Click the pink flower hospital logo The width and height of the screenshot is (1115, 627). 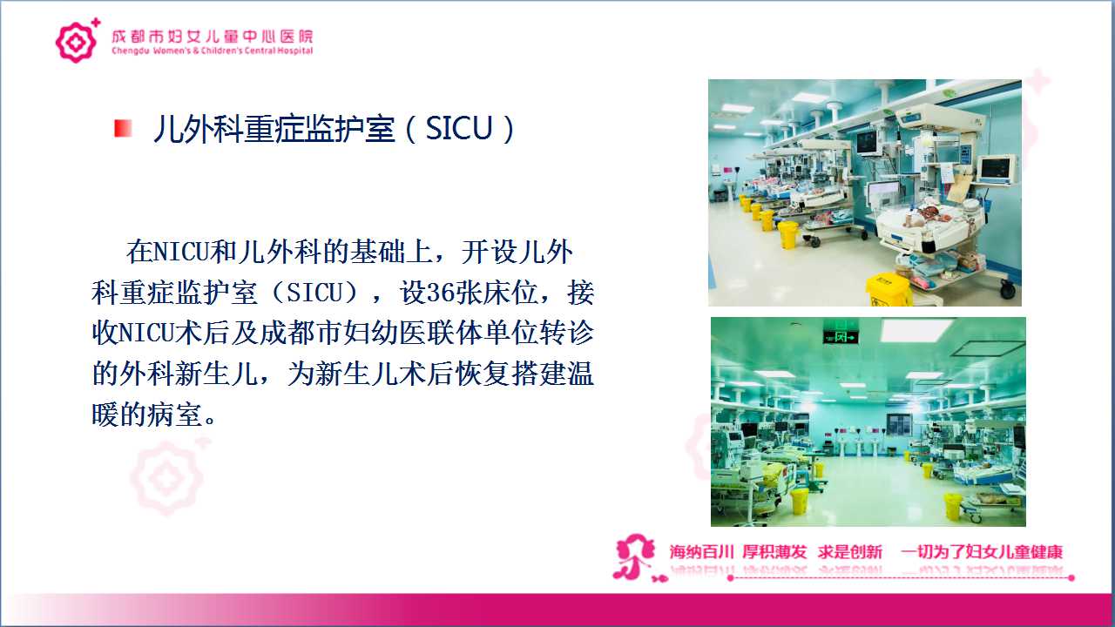[x=76, y=41]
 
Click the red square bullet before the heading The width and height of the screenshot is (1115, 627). [x=123, y=128]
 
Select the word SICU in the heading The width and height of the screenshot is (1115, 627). [x=458, y=128]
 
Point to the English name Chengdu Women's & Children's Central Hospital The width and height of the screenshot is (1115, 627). [x=213, y=51]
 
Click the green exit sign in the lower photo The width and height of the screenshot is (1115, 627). [x=841, y=337]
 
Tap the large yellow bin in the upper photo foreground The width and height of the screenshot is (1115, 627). [x=889, y=290]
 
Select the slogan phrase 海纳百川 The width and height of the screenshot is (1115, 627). [x=702, y=551]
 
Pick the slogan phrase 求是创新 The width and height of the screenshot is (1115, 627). [x=849, y=551]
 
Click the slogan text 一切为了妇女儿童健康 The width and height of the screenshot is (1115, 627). [x=982, y=551]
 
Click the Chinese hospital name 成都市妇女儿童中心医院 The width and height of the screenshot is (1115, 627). [x=212, y=37]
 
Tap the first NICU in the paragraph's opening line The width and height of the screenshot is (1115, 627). [x=182, y=252]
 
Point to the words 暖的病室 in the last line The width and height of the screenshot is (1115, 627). [x=147, y=415]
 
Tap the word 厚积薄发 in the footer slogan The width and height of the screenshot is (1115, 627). [x=774, y=551]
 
